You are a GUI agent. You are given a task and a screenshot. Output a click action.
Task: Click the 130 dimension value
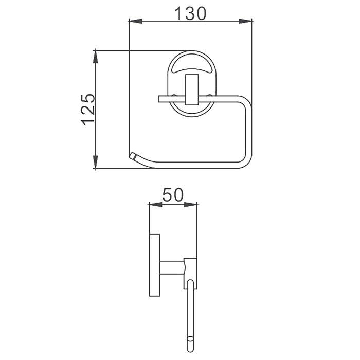pyautogui.click(x=190, y=13)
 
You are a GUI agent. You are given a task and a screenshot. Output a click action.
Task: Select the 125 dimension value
pyautogui.click(x=88, y=109)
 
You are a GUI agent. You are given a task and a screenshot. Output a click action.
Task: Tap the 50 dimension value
pyautogui.click(x=173, y=195)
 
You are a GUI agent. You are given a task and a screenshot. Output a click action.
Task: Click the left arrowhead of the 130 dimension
pyautogui.click(x=135, y=21)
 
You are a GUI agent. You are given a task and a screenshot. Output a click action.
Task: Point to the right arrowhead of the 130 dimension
pyautogui.click(x=246, y=21)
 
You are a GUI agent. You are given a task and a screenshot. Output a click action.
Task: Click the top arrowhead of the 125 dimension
pyautogui.click(x=96, y=57)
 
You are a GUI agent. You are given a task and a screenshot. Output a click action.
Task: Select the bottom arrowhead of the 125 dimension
pyautogui.click(x=96, y=162)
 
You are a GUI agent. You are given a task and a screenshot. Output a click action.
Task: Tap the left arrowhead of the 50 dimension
pyautogui.click(x=155, y=204)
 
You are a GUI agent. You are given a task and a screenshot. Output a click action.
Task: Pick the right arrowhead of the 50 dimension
pyautogui.click(x=191, y=204)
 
